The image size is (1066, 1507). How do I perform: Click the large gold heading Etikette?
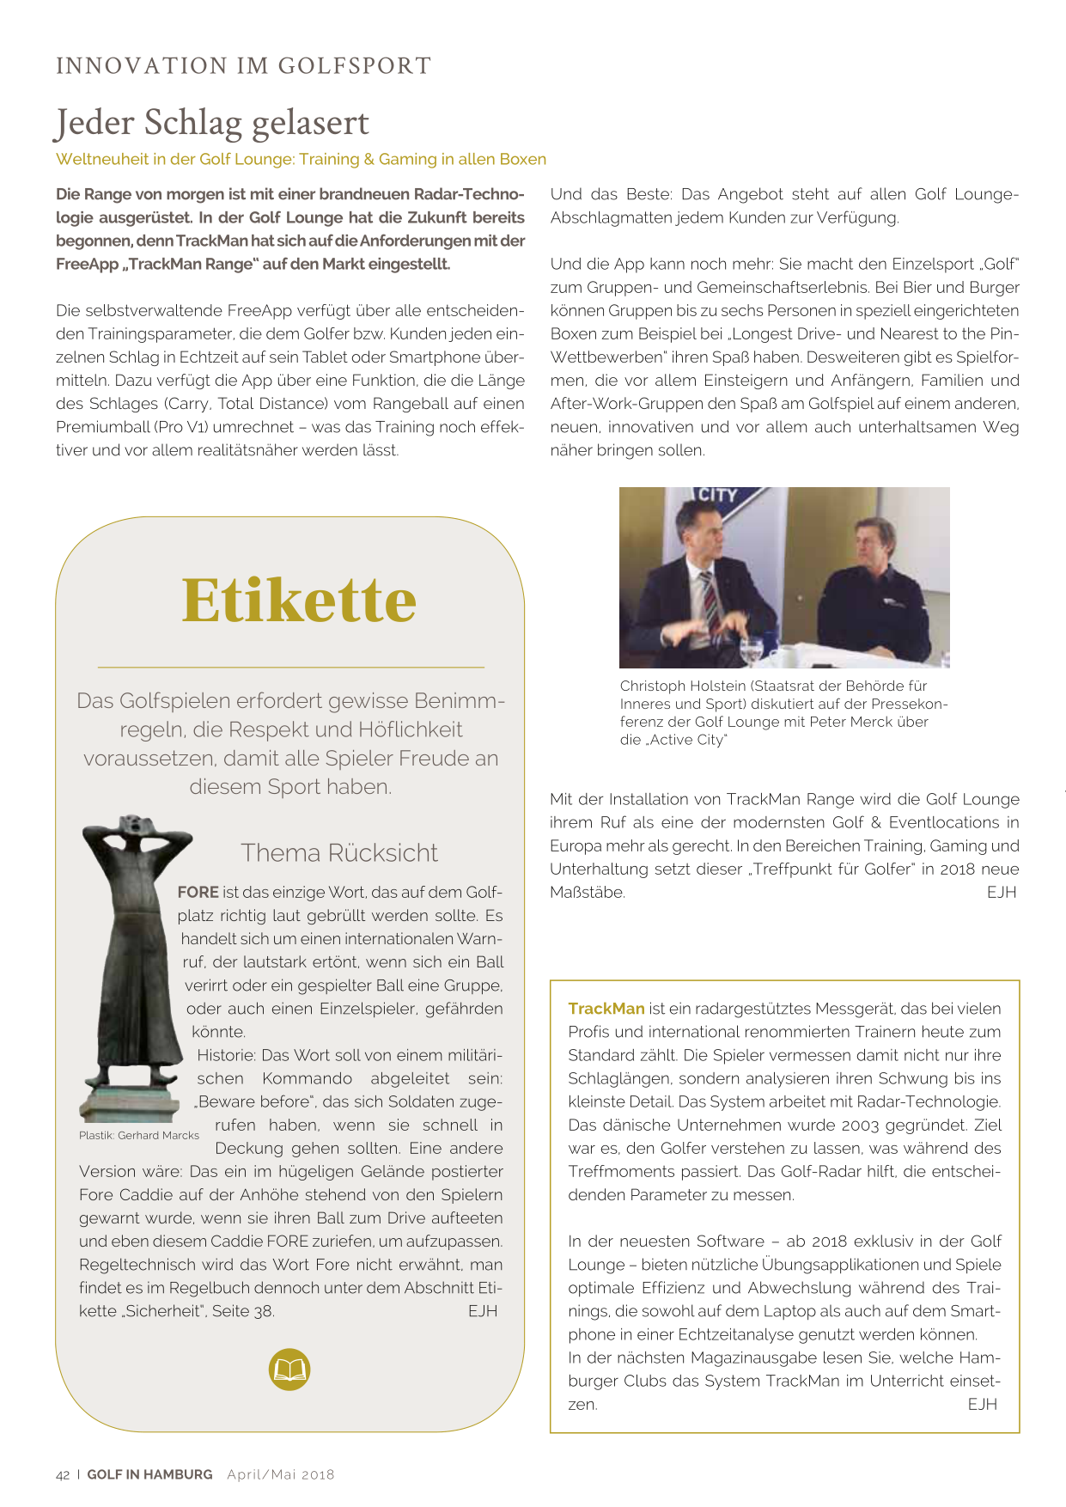[x=299, y=601]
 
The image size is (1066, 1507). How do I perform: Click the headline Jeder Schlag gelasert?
[x=212, y=123]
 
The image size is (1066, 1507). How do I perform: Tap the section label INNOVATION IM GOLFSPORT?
[x=243, y=66]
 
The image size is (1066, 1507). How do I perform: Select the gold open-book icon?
[x=289, y=1369]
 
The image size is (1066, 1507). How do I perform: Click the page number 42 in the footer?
[x=63, y=1474]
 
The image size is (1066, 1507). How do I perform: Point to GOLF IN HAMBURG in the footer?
[x=149, y=1474]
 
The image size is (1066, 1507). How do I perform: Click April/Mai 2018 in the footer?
[x=281, y=1474]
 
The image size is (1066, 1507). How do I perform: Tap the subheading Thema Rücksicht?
[x=339, y=852]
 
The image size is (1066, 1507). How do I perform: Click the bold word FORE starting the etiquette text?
[x=198, y=893]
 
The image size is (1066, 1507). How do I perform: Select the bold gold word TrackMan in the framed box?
[x=606, y=1009]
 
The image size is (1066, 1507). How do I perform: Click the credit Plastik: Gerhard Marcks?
[x=139, y=1135]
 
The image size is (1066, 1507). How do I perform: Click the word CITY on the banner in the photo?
[x=717, y=495]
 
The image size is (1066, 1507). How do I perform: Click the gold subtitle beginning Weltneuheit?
[x=301, y=159]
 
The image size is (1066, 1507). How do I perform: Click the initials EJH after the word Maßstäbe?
[x=1002, y=893]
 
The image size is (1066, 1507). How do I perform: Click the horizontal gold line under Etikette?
[x=290, y=667]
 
